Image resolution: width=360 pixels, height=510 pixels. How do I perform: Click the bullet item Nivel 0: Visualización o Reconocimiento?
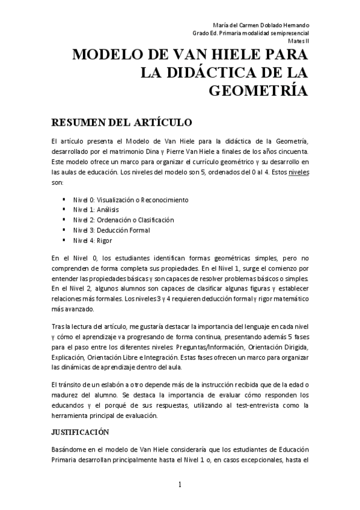[x=130, y=199]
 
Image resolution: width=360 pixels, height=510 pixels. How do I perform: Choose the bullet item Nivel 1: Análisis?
[x=96, y=209]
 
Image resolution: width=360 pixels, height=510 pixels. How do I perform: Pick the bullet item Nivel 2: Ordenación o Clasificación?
[x=123, y=220]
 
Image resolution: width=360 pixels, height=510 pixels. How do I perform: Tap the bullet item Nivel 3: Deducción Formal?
[x=111, y=230]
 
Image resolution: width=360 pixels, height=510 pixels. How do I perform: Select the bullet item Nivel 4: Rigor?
[x=93, y=240]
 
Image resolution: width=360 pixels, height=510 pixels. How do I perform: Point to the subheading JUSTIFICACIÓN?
[x=80, y=431]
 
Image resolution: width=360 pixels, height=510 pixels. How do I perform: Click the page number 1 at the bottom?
[x=179, y=485]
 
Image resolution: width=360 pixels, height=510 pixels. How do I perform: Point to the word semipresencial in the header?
[x=290, y=33]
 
